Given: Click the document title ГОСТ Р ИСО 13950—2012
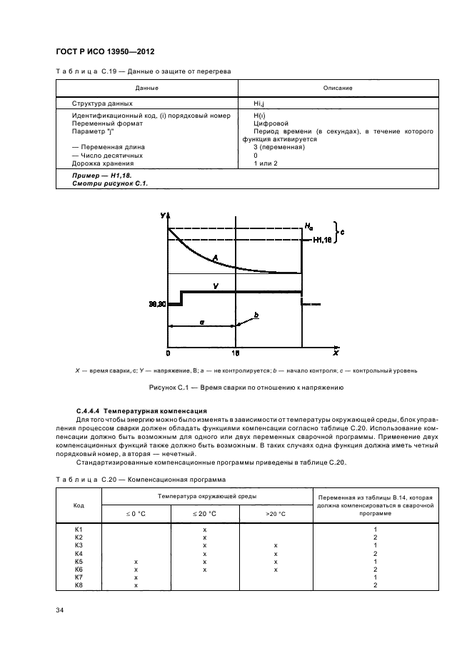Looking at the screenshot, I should [105, 52].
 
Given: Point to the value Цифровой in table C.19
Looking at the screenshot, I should [270, 123].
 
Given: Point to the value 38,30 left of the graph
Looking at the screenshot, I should [157, 303].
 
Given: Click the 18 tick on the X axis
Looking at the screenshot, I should [236, 353].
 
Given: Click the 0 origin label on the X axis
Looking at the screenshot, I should [169, 353].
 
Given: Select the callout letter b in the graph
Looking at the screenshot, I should [256, 314].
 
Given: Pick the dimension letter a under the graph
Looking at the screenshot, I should [202, 323].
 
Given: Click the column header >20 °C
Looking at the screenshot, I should [275, 513].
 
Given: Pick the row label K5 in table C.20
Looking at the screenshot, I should [79, 562].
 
